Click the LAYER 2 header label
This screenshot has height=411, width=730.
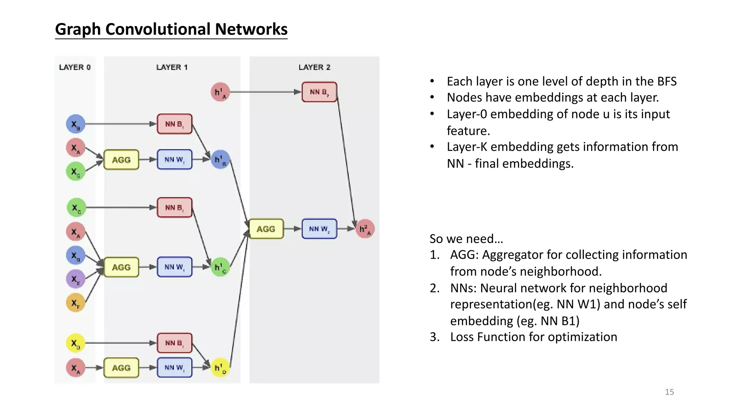point(314,67)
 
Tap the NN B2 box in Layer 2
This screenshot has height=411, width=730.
point(319,92)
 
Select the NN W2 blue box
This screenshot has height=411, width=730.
point(319,229)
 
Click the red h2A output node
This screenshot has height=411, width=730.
point(365,229)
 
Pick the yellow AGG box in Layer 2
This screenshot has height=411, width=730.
point(266,229)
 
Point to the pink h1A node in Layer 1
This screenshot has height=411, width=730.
point(220,92)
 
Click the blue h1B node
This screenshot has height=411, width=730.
point(220,159)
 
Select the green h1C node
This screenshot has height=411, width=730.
point(220,267)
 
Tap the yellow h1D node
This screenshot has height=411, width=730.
point(220,367)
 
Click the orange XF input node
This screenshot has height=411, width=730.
point(76,303)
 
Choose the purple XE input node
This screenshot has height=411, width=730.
point(76,279)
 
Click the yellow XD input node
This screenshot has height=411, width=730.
point(76,343)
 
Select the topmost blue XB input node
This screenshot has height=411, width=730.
point(76,124)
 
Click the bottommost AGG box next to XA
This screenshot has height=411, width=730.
point(121,367)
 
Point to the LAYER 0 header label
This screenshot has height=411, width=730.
point(75,67)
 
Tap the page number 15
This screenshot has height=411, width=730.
point(669,392)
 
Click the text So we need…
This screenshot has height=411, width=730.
point(466,238)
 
